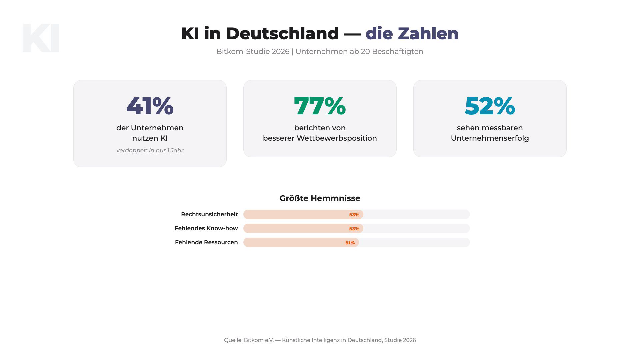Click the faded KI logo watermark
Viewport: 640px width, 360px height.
click(x=41, y=38)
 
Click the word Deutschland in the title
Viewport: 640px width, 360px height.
click(x=282, y=34)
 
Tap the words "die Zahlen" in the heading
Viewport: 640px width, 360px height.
click(x=412, y=34)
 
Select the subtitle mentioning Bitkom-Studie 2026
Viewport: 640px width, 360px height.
click(x=320, y=52)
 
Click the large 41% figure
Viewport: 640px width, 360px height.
click(x=150, y=106)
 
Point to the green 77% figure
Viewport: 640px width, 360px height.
click(x=320, y=106)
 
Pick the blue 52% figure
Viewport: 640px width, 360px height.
click(x=490, y=106)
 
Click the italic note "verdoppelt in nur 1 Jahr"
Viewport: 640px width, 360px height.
click(x=150, y=150)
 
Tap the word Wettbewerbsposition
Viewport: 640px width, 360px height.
click(x=337, y=138)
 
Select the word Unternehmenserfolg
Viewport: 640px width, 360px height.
click(x=490, y=138)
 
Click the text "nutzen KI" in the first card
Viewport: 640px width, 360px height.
click(x=150, y=138)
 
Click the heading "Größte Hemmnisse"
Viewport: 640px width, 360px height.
click(x=320, y=198)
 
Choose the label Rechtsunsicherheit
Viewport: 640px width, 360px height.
click(x=209, y=214)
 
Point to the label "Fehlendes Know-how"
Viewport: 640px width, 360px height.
click(x=206, y=228)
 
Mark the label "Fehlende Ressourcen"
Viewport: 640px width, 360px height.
click(x=206, y=242)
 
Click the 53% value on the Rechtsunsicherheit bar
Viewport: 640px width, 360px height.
click(x=354, y=215)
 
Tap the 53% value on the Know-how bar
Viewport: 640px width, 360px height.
click(x=354, y=229)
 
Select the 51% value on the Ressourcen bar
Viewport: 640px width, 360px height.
click(x=350, y=243)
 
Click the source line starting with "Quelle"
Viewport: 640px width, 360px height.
click(x=320, y=340)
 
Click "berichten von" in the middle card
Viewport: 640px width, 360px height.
click(x=320, y=128)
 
